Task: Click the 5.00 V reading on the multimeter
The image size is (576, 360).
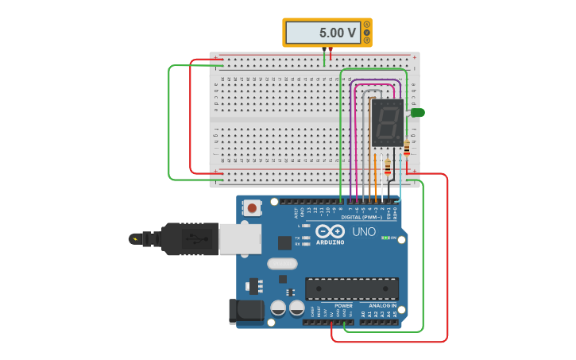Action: (x=338, y=33)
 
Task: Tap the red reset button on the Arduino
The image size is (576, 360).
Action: (x=252, y=207)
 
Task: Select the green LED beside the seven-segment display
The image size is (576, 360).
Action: (x=417, y=113)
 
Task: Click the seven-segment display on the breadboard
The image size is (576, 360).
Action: (x=387, y=122)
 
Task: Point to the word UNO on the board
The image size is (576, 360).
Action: (x=364, y=232)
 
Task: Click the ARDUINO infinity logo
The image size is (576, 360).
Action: (x=330, y=230)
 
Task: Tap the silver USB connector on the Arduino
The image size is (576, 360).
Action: (x=239, y=238)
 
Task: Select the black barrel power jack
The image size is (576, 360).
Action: (x=245, y=312)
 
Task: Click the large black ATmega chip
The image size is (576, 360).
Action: (x=352, y=288)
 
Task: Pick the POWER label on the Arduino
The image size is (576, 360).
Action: (x=343, y=305)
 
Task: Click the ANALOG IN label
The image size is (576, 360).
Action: (x=382, y=305)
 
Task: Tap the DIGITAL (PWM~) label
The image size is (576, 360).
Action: (x=361, y=217)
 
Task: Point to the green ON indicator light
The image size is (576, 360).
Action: (x=385, y=238)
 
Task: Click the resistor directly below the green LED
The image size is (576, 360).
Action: (x=407, y=148)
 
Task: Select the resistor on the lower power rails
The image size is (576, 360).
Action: (x=388, y=168)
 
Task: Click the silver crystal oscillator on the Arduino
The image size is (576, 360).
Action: (x=282, y=264)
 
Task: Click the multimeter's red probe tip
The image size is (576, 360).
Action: (x=331, y=50)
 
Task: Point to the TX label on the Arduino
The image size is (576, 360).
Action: (x=297, y=238)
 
